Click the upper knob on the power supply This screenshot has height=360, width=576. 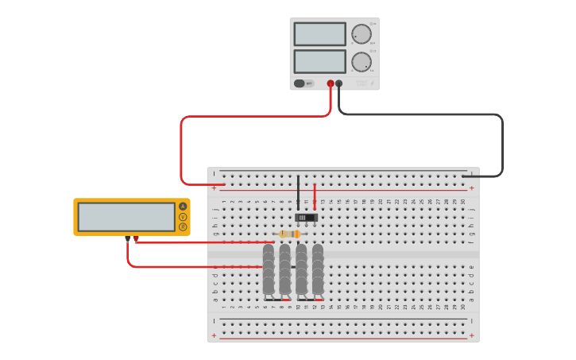(x=361, y=33)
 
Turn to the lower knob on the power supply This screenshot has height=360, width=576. (x=361, y=62)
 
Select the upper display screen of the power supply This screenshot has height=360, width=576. (x=319, y=34)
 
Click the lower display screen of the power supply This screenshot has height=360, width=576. (x=319, y=61)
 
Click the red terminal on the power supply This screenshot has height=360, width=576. (x=331, y=83)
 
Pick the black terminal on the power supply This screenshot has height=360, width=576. (x=339, y=83)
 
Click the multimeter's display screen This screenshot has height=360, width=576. (x=126, y=217)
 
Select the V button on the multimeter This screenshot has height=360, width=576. (x=183, y=217)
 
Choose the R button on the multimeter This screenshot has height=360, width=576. (x=183, y=227)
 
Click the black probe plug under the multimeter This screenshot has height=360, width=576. (x=127, y=238)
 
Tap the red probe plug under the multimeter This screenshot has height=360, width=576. (x=136, y=238)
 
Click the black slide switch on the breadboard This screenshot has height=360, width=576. (x=306, y=218)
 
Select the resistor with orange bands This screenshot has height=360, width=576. (x=290, y=234)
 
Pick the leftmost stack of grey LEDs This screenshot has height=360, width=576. (x=269, y=270)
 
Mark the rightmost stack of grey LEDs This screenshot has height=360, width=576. (x=318, y=270)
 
